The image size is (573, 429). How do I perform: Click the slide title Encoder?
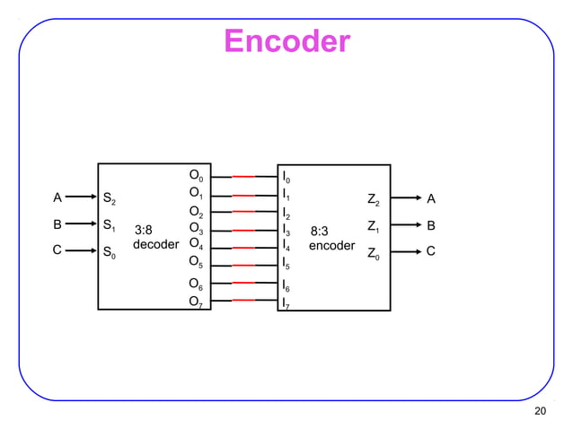click(x=286, y=41)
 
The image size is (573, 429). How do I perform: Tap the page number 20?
click(x=540, y=411)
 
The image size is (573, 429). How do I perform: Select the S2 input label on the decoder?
click(x=109, y=198)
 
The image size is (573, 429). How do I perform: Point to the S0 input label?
click(x=109, y=255)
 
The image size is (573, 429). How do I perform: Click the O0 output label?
click(x=195, y=175)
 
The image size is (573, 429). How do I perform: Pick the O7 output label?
click(x=195, y=302)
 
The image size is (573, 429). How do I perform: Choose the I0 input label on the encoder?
click(x=285, y=177)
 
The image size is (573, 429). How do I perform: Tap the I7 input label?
click(x=285, y=304)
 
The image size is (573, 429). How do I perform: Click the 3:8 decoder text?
click(x=155, y=237)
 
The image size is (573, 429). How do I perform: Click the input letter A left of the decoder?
click(x=57, y=197)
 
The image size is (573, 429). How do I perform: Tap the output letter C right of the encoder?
click(x=431, y=252)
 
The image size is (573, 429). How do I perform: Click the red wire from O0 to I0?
click(x=245, y=178)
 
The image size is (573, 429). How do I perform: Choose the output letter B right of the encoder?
click(x=431, y=225)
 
